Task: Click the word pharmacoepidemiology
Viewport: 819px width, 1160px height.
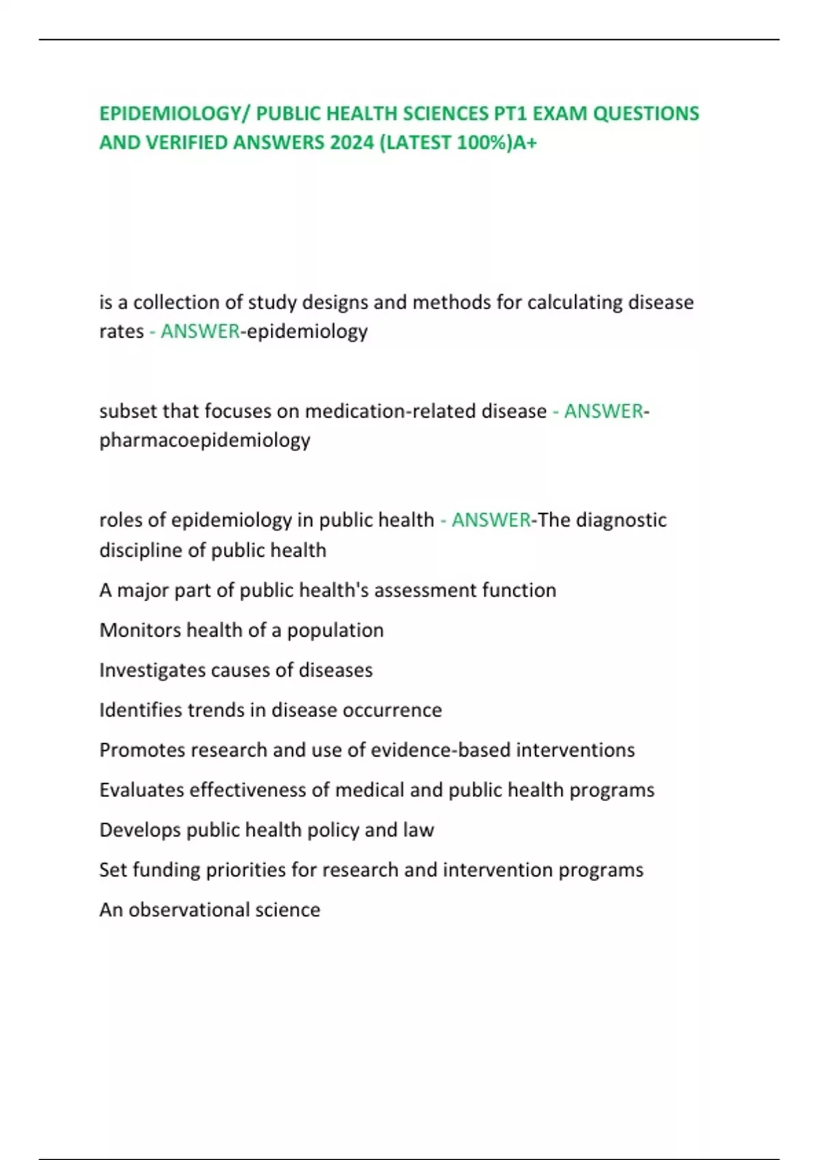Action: click(x=205, y=440)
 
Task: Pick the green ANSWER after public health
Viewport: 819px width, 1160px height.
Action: click(x=491, y=520)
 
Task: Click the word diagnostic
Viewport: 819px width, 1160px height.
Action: click(x=621, y=520)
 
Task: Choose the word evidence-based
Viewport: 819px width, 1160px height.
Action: click(x=440, y=750)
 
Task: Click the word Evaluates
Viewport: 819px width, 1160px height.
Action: click(x=141, y=790)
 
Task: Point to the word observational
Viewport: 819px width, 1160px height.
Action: click(x=188, y=910)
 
